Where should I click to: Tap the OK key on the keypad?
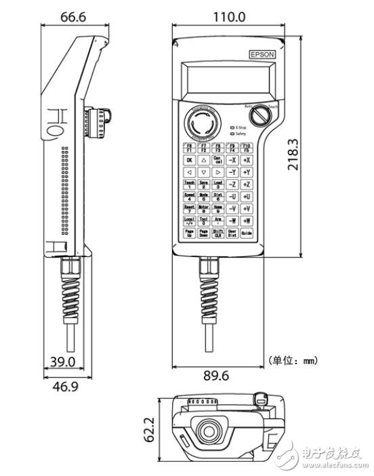coord(189,161)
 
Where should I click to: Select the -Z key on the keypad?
coord(232,184)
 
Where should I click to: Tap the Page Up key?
coord(189,233)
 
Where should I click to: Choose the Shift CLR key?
coord(217,233)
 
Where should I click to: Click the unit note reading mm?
coord(293,361)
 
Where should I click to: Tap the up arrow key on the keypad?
coord(203,161)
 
